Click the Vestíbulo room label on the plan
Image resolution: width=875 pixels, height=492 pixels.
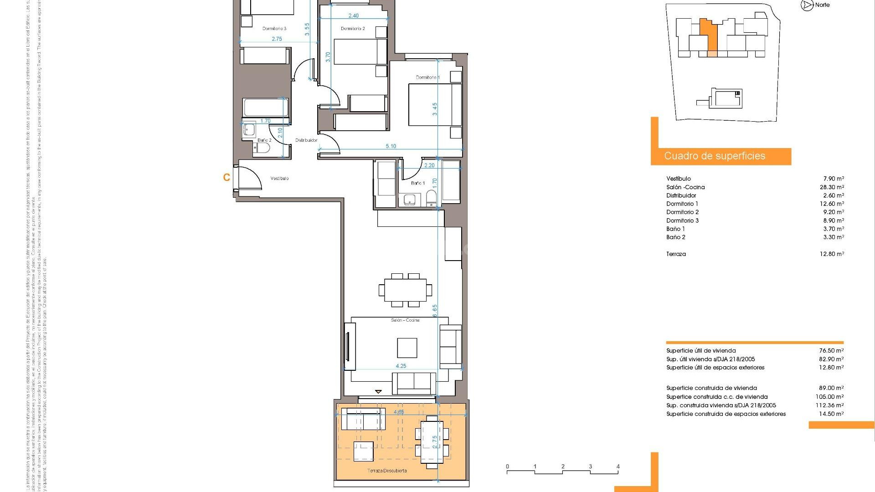point(279,179)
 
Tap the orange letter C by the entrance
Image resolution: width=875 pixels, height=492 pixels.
point(226,178)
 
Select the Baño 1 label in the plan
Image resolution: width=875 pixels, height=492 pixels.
point(417,183)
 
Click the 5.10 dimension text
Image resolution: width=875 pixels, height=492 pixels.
point(391,146)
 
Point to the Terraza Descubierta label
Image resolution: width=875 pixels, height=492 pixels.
point(387,471)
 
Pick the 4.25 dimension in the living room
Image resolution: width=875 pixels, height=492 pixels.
point(401,366)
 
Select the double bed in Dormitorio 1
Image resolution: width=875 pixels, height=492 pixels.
point(434,105)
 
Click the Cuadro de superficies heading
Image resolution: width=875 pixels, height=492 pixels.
point(715,156)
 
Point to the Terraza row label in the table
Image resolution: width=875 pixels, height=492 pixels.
point(676,254)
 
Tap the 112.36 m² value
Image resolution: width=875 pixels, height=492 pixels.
point(830,405)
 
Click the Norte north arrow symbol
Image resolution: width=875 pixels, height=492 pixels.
point(807,5)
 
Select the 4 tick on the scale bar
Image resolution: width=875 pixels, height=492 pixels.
point(618,466)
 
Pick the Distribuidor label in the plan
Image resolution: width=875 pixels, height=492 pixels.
point(306,140)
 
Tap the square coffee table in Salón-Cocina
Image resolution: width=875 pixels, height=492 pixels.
point(407,348)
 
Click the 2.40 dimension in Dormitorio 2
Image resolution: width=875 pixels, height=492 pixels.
point(353,15)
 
